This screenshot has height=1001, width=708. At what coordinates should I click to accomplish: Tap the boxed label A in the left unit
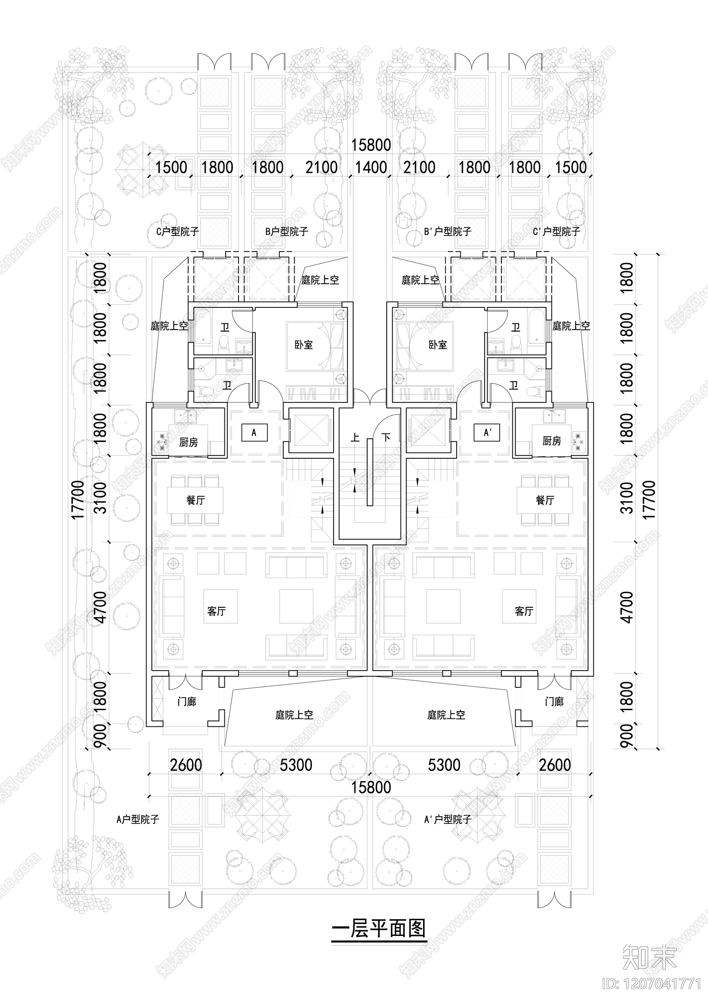click(x=254, y=433)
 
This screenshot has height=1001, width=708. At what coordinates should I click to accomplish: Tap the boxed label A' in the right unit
click(x=487, y=433)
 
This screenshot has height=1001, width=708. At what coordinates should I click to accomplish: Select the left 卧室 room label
click(x=304, y=345)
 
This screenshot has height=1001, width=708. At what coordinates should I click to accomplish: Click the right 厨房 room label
click(x=551, y=441)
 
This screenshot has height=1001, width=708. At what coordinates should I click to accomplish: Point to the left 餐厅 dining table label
click(x=195, y=500)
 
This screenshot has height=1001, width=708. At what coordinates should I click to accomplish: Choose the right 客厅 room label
click(x=523, y=611)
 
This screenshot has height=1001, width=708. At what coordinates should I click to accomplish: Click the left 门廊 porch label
click(x=186, y=702)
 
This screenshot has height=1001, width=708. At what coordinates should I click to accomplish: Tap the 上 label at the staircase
click(x=355, y=438)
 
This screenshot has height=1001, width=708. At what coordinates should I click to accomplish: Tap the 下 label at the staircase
click(x=386, y=438)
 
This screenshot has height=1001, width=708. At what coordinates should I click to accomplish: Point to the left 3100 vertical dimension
click(x=101, y=498)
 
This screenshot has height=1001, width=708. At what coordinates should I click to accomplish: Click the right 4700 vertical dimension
click(x=627, y=607)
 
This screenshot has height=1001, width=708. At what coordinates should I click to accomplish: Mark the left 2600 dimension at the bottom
click(x=186, y=765)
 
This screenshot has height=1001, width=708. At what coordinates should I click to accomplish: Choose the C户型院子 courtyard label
click(x=178, y=231)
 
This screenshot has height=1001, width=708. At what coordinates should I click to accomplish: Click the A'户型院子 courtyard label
click(x=447, y=820)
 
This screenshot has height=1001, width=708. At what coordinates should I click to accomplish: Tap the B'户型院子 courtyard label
click(x=447, y=231)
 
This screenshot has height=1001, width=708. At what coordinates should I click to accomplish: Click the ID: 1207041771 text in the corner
click(x=652, y=983)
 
